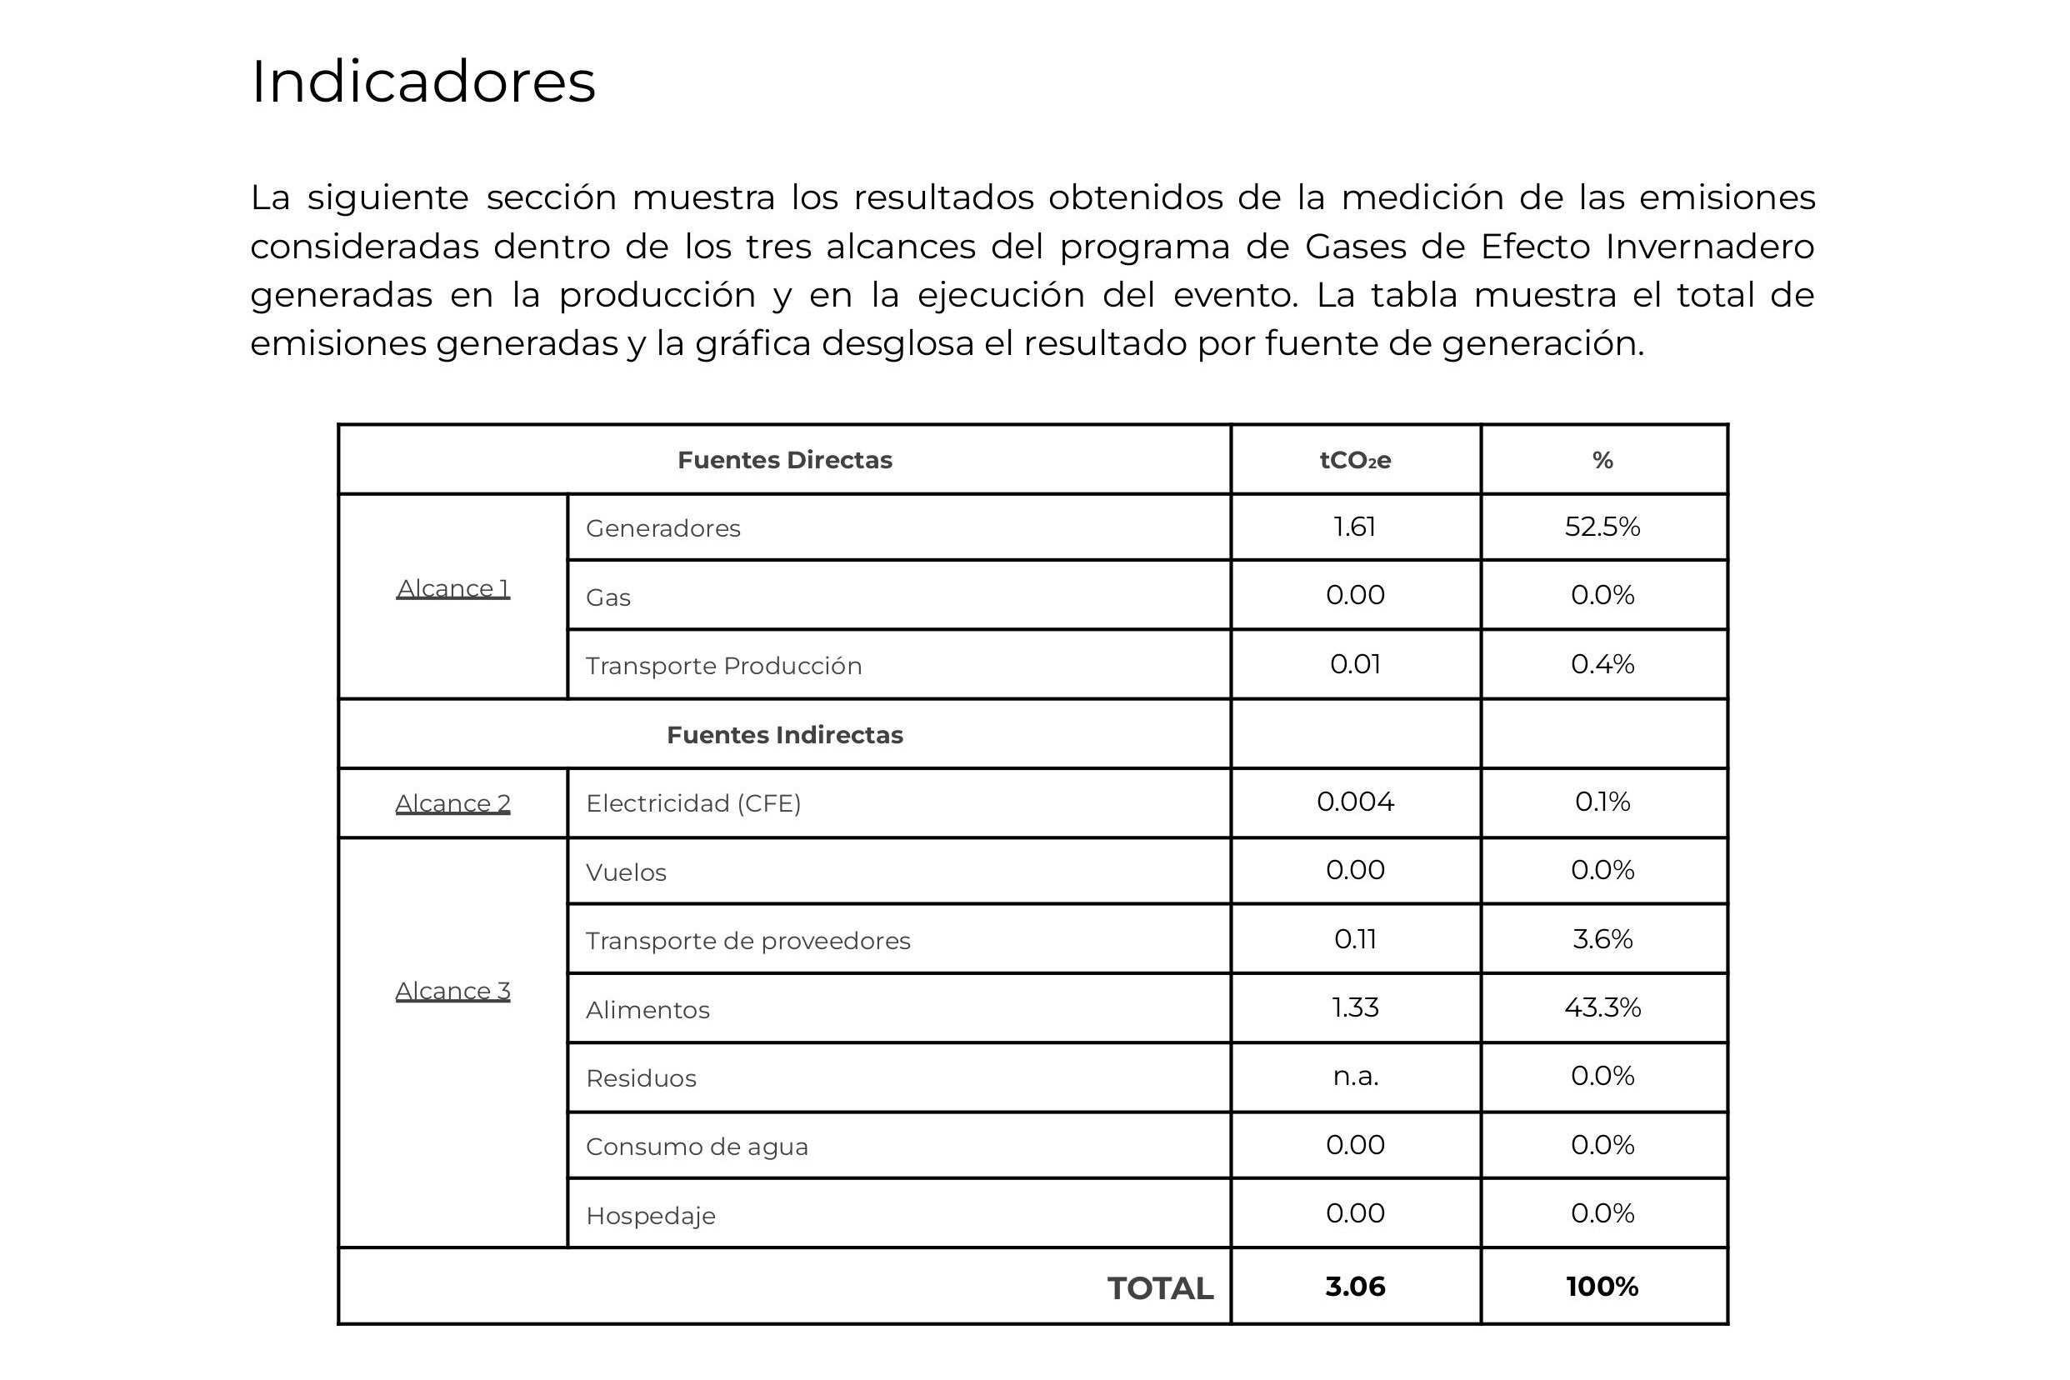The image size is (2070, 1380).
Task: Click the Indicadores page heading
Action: pos(423,82)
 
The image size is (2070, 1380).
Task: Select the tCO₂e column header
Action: pos(1354,460)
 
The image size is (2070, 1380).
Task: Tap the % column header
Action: pos(1602,460)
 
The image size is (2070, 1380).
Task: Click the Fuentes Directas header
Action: pos(784,460)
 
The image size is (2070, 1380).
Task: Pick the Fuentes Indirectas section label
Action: pos(784,735)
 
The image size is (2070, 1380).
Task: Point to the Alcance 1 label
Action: pos(452,587)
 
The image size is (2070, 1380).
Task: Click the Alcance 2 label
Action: pos(452,802)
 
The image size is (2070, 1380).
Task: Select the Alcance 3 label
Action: pos(452,990)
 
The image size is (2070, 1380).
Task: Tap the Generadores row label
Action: pos(662,528)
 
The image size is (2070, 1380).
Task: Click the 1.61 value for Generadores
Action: pos(1354,527)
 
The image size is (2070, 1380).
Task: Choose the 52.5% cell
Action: pos(1602,527)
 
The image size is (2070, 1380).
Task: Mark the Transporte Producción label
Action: pos(723,665)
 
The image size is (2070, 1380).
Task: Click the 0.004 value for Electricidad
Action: pos(1354,801)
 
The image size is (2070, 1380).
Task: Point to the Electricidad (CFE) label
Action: pos(692,802)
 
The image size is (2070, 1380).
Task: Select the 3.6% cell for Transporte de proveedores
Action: pos(1602,938)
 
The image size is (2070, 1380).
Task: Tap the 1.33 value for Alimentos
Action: pos(1354,1007)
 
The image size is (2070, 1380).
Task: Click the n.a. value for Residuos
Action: pos(1354,1076)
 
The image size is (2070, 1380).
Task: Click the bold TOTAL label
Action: pos(1159,1288)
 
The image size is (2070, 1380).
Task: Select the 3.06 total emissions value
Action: pos(1354,1287)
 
